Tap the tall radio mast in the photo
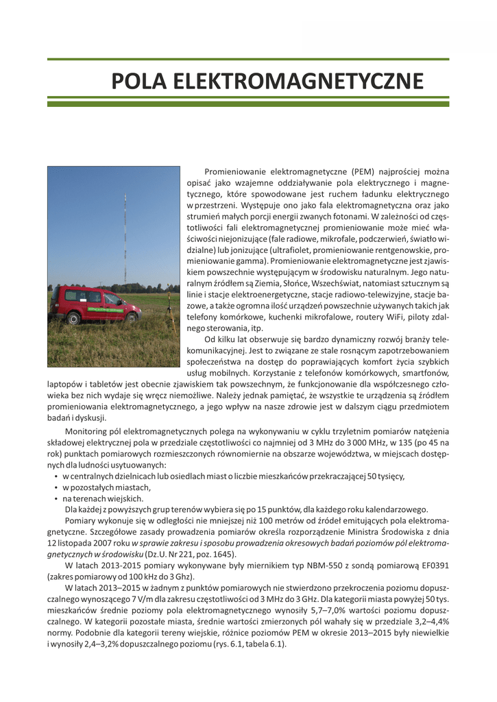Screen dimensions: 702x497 pos(125,240)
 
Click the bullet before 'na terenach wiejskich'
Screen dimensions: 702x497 pos(55,498)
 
